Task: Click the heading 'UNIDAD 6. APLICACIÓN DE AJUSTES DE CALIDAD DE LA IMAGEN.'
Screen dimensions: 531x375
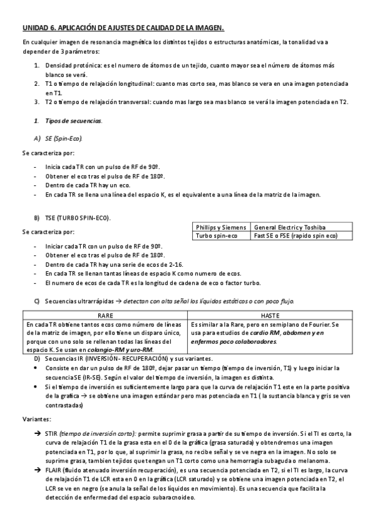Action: click(123, 28)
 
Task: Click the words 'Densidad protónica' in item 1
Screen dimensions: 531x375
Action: click(69, 65)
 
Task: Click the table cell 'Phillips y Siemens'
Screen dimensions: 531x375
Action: click(220, 227)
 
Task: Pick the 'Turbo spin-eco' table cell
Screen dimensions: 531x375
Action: click(216, 235)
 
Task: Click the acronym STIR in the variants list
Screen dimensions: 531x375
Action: click(53, 433)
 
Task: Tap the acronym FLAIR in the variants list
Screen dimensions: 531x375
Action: click(54, 468)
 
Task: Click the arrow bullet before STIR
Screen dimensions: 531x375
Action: click(39, 433)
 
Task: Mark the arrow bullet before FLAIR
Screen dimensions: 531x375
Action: click(39, 468)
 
